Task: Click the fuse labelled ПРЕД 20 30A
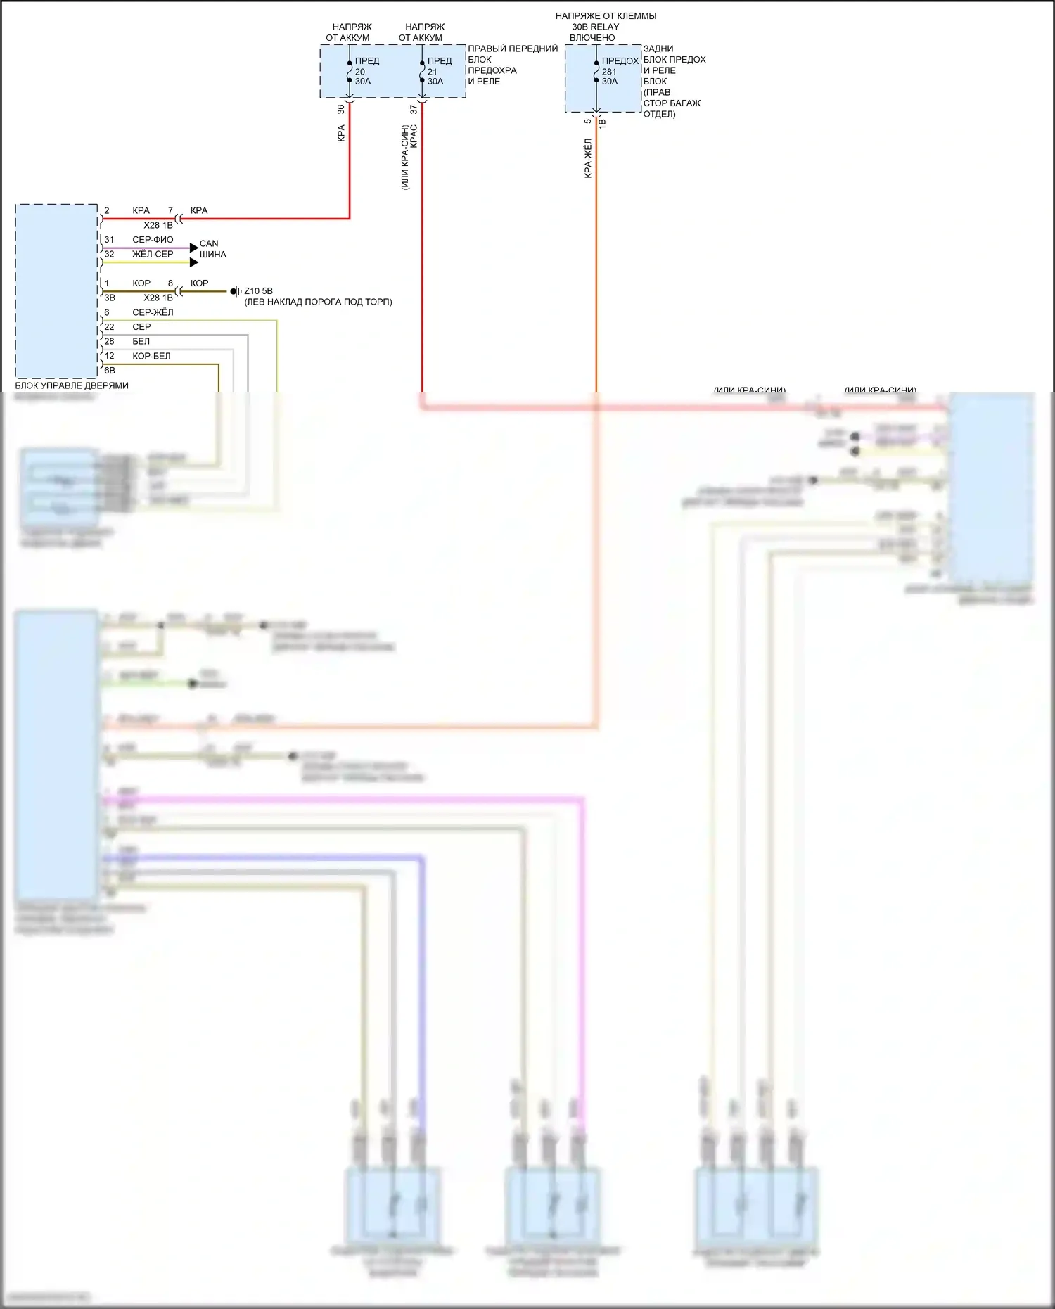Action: click(350, 71)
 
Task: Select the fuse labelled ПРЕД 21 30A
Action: click(422, 71)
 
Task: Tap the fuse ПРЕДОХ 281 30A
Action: click(596, 71)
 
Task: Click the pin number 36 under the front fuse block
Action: click(341, 109)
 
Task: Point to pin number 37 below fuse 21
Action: click(414, 109)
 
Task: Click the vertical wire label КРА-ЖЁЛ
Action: click(588, 158)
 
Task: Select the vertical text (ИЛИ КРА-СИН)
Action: click(404, 158)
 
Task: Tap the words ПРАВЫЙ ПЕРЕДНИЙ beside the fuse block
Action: click(513, 49)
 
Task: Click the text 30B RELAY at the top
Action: click(595, 27)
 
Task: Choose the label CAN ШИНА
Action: click(212, 249)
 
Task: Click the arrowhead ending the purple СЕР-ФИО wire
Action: click(194, 248)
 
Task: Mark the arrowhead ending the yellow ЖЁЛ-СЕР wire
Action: click(194, 262)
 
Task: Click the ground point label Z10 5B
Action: click(258, 290)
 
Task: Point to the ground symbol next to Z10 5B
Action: click(236, 291)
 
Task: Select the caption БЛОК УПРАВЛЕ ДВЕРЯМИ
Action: click(72, 385)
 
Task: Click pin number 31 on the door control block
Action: click(109, 239)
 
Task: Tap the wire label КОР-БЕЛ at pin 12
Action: click(151, 356)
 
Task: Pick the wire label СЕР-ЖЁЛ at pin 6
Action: click(153, 312)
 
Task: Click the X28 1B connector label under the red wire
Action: click(158, 225)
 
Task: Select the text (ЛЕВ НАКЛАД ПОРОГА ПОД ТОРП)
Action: click(318, 302)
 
